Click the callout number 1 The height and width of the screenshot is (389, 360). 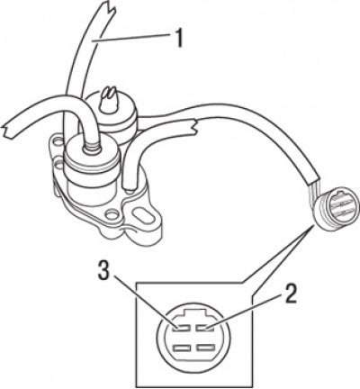pyautogui.click(x=179, y=38)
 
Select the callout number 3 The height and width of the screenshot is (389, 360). pyautogui.click(x=104, y=271)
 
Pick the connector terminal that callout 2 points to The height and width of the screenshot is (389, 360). pyautogui.click(x=205, y=329)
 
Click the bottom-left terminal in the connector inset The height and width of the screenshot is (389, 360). pyautogui.click(x=182, y=348)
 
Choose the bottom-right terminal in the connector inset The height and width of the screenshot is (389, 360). pyautogui.click(x=205, y=348)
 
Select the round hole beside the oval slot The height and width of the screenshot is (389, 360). pyautogui.click(x=112, y=215)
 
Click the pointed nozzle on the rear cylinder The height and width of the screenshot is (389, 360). pyautogui.click(x=108, y=98)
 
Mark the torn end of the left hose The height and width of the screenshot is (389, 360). pyautogui.click(x=6, y=130)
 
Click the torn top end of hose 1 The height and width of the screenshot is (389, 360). pyautogui.click(x=106, y=9)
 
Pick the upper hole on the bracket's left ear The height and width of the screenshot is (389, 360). pyautogui.click(x=58, y=140)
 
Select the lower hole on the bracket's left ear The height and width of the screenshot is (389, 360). pyautogui.click(x=58, y=164)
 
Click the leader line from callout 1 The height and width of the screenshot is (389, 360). pyautogui.click(x=131, y=38)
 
